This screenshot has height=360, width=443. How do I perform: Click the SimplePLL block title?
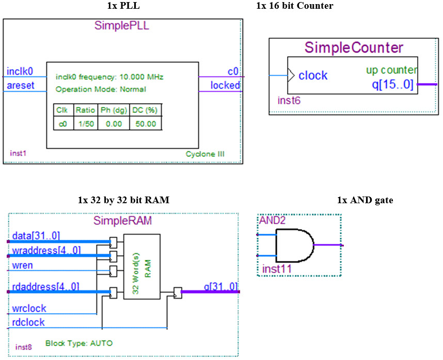(x=121, y=26)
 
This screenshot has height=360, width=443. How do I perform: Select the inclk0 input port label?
(x=20, y=71)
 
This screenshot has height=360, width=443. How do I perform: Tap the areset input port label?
(x=21, y=85)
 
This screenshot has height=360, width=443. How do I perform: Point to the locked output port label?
(x=225, y=85)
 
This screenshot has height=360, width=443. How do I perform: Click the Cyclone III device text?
(x=205, y=154)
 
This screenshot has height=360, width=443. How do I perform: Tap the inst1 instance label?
(x=18, y=154)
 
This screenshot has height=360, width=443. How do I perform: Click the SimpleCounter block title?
(x=354, y=48)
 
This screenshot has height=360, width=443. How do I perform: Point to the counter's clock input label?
(x=313, y=76)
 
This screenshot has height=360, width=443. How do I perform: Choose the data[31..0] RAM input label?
(x=36, y=236)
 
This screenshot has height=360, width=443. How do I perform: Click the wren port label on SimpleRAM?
(x=23, y=266)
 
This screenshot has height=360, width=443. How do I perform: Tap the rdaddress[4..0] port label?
(x=45, y=286)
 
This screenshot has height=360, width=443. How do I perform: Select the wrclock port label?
(x=29, y=308)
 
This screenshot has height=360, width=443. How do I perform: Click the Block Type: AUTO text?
(x=79, y=343)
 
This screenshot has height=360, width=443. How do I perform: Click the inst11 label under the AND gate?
(x=278, y=269)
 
